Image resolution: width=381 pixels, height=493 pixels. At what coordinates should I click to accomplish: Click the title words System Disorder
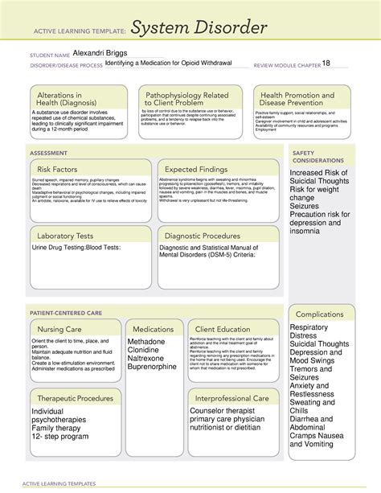198,29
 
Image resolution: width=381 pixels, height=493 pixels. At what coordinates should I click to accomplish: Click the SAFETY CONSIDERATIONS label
309,156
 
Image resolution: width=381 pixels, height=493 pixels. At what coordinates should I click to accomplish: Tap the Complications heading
319,314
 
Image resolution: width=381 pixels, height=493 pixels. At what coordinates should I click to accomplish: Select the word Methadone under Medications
146,342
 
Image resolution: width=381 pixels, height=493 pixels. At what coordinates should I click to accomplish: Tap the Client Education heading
222,329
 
